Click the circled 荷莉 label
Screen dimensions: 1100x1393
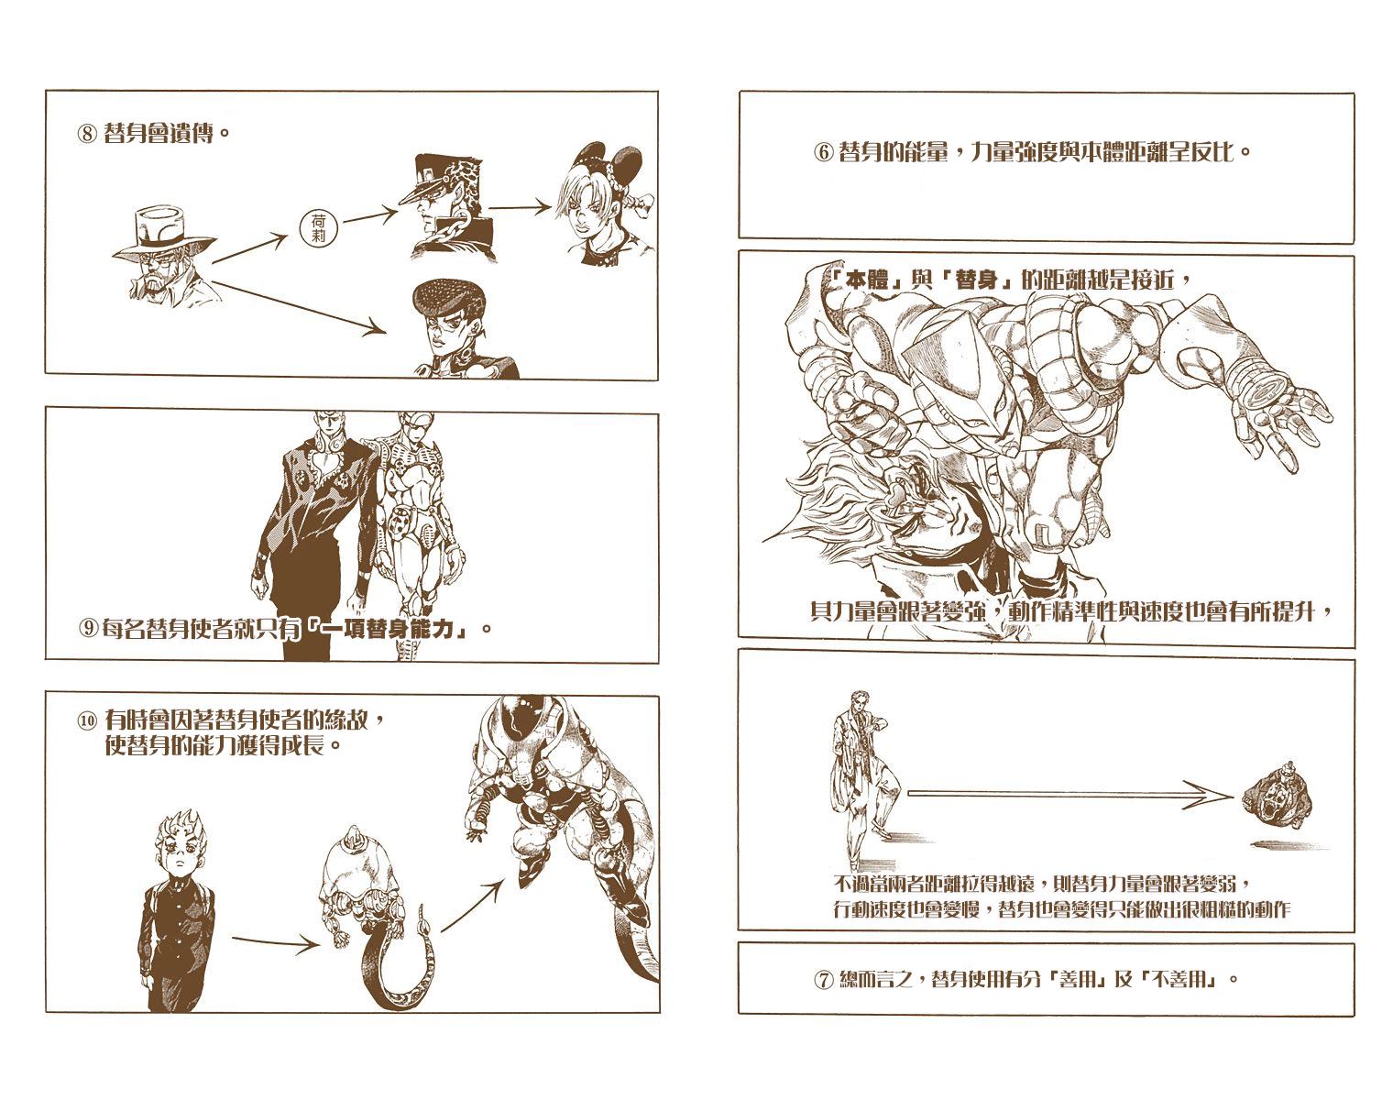click(x=318, y=227)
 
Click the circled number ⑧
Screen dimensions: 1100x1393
click(x=88, y=134)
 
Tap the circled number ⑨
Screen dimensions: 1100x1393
click(x=89, y=629)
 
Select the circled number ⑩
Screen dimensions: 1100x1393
click(x=88, y=721)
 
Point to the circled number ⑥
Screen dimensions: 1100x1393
click(x=822, y=152)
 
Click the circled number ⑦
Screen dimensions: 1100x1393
click(x=822, y=980)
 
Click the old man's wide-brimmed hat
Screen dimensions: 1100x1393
click(x=165, y=230)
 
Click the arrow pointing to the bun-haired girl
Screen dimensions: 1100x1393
click(x=520, y=207)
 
